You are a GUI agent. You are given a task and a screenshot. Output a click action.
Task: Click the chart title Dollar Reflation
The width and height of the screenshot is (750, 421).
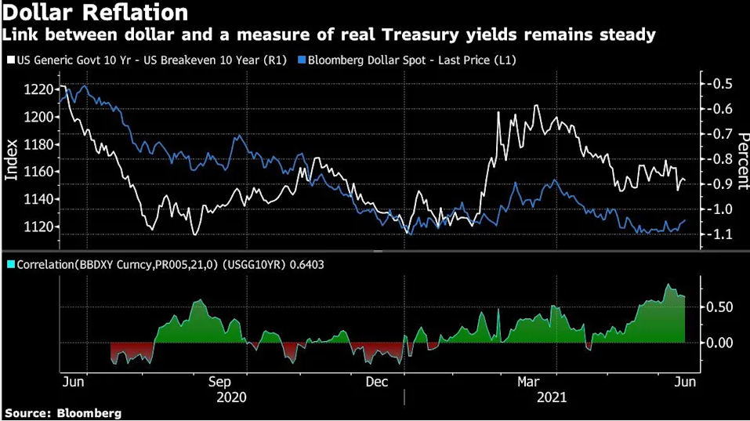coord(96,13)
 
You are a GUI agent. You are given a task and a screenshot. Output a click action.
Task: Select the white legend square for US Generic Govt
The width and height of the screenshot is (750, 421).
coord(9,60)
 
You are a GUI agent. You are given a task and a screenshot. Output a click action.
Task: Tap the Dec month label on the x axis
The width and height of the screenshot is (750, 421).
coord(376,382)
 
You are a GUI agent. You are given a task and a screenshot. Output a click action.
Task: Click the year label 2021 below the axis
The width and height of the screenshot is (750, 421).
coord(551,397)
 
